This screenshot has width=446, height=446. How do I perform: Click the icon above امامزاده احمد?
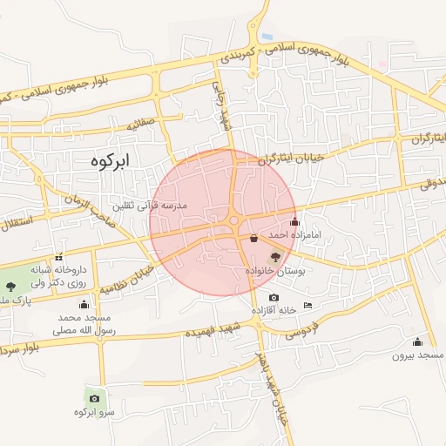pos(294,220)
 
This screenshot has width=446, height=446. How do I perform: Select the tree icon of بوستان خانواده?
pos(276,256)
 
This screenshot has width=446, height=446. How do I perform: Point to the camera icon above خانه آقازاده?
pos(274,298)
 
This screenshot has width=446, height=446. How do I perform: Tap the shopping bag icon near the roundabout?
pos(253,237)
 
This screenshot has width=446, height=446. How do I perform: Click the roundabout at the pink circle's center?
pos(234,220)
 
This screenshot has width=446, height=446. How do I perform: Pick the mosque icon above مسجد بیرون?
pos(417,341)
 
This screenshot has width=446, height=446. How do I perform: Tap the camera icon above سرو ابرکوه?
pos(94,398)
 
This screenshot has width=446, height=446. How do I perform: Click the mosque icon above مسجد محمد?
pos(84,304)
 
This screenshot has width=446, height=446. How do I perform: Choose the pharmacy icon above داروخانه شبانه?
pos(58,257)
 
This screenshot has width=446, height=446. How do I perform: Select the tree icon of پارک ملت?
pos(10,286)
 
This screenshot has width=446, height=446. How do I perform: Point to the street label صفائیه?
pos(141,125)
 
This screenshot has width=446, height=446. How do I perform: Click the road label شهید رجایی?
pos(223,110)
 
